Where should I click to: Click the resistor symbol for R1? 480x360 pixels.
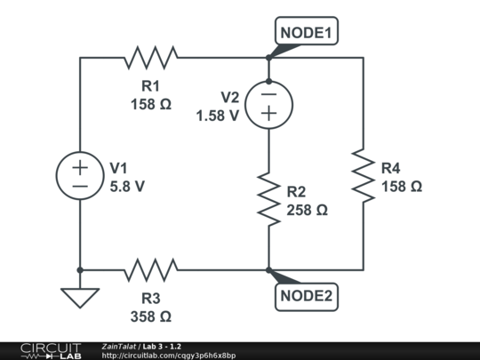coord(150,58)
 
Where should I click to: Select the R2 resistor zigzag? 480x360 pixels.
coord(268,198)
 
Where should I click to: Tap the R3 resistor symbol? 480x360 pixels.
coord(150,268)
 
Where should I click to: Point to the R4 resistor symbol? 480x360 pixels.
coord(363,175)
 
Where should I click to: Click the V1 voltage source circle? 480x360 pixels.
coord(80,175)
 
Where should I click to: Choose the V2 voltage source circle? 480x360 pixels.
coord(268,105)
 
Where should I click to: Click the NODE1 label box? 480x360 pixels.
coord(306,34)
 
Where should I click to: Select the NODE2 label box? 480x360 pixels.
coord(306,295)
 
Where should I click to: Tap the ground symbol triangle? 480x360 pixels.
coord(80,297)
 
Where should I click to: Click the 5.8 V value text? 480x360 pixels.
coord(127,187)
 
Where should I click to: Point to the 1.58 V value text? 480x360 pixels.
coord(218,116)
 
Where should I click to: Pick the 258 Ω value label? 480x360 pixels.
coord(308,211)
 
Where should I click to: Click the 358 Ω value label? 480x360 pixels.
coord(150,316)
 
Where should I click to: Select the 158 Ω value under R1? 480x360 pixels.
coord(150,104)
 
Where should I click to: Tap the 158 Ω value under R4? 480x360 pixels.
coord(401,187)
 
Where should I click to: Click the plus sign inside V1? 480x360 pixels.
coord(80,166)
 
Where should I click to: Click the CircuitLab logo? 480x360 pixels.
coord(51,350)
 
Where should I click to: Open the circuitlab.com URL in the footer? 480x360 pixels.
coord(169,356)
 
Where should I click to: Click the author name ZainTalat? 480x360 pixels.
coord(118,346)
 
